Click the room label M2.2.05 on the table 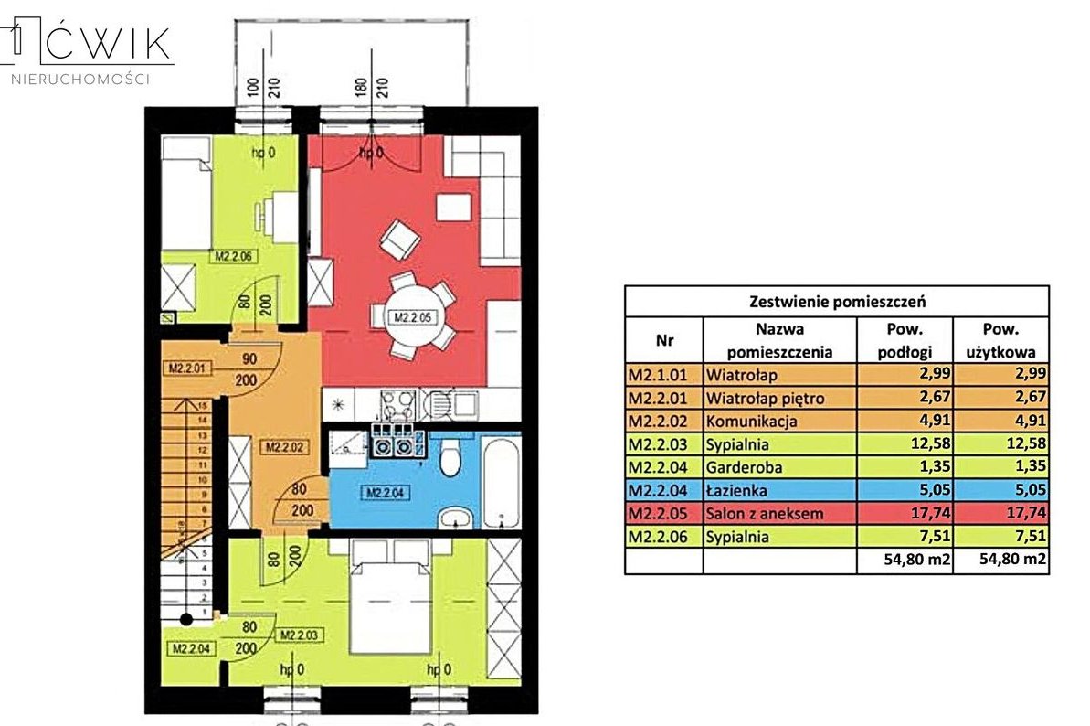(414, 318)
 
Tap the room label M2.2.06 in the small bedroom (234, 257)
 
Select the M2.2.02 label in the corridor (284, 447)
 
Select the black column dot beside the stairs (186, 620)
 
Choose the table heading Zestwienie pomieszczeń (835, 300)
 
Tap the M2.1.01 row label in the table (663, 374)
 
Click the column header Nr (663, 340)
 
